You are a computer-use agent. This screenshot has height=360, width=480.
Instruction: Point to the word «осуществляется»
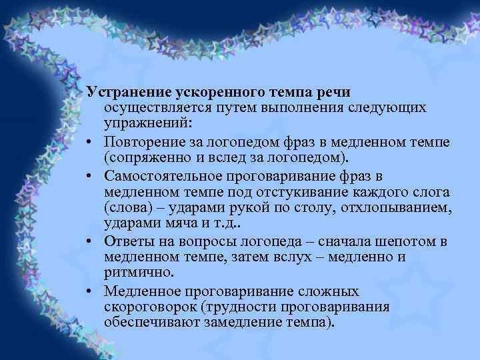[x=155, y=107]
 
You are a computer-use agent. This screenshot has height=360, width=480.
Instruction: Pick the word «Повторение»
[x=144, y=141]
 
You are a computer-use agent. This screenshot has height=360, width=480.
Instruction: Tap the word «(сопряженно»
[x=143, y=158]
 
